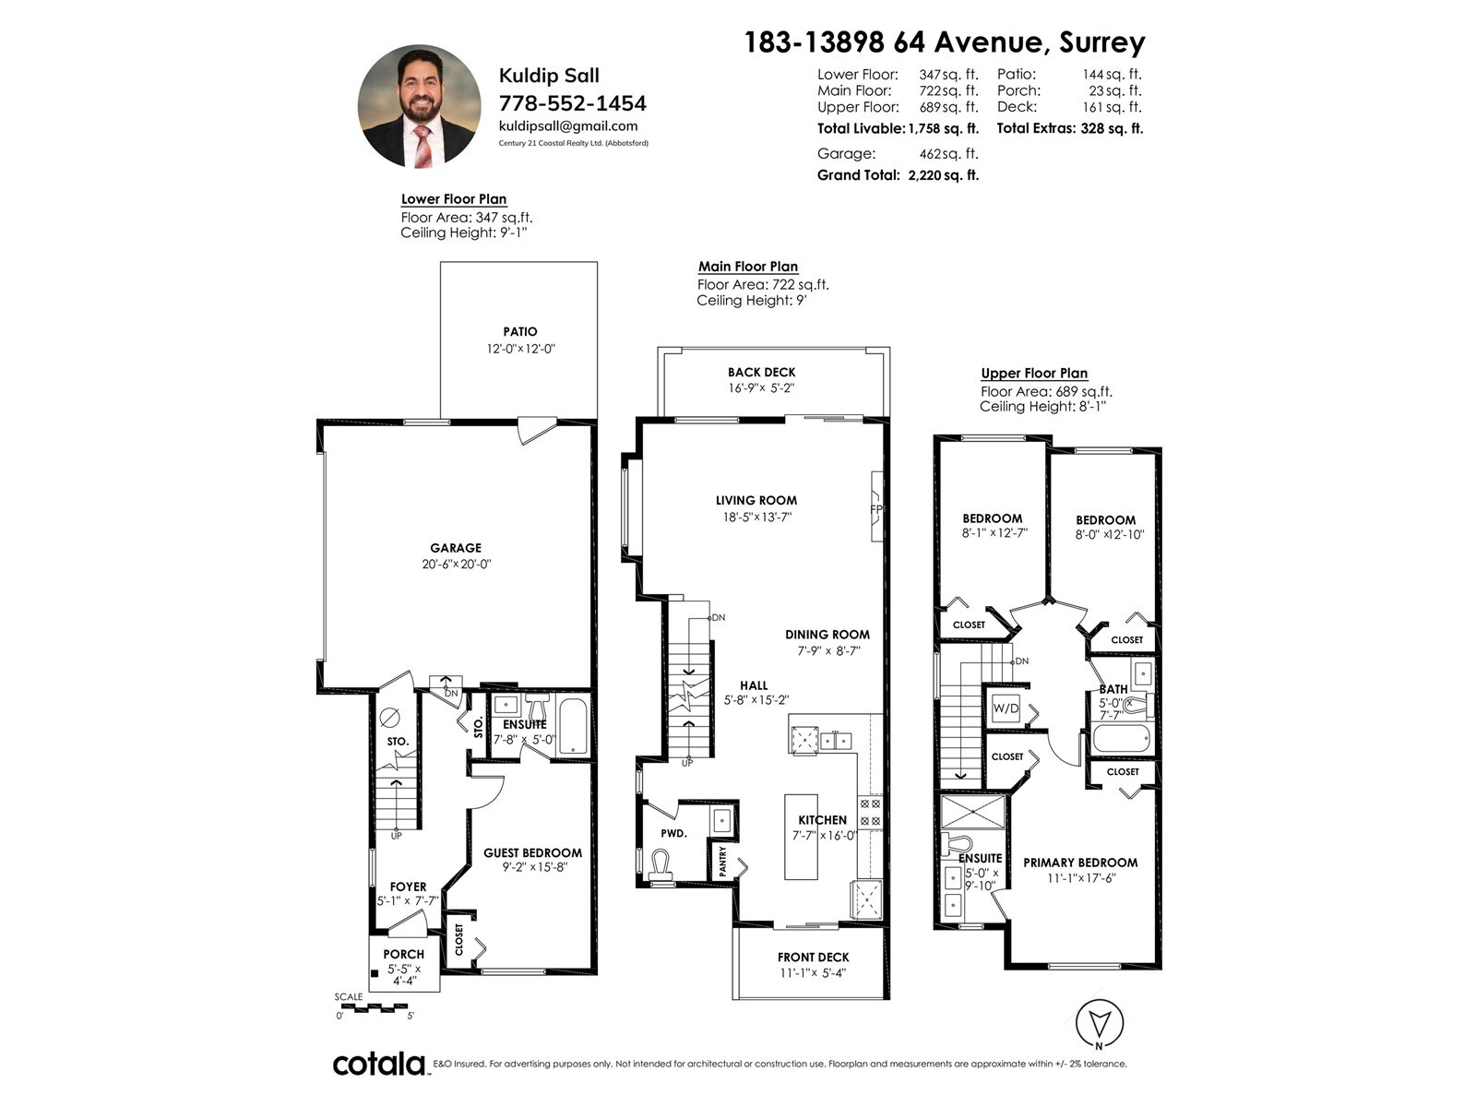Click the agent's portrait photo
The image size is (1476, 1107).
coord(419,106)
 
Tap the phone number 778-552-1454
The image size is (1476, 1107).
coord(572,102)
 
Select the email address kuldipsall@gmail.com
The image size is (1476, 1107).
coord(568,125)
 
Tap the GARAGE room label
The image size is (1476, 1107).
coord(456,548)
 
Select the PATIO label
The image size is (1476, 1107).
coord(520,331)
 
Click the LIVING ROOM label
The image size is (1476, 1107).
coord(756,500)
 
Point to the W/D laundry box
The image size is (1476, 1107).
coord(1006,708)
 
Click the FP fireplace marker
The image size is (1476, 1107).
coord(876,509)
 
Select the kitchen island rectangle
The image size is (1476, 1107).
coord(801,837)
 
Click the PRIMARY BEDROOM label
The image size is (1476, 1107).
coord(1080,863)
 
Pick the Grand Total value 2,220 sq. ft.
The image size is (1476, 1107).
coord(944,175)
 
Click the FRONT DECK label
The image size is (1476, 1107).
coord(814,958)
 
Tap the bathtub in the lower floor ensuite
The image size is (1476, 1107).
coord(574,727)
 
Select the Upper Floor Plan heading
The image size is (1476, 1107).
coord(1034,373)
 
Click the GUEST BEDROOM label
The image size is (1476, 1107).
coord(533,853)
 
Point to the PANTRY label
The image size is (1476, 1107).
coord(723,861)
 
